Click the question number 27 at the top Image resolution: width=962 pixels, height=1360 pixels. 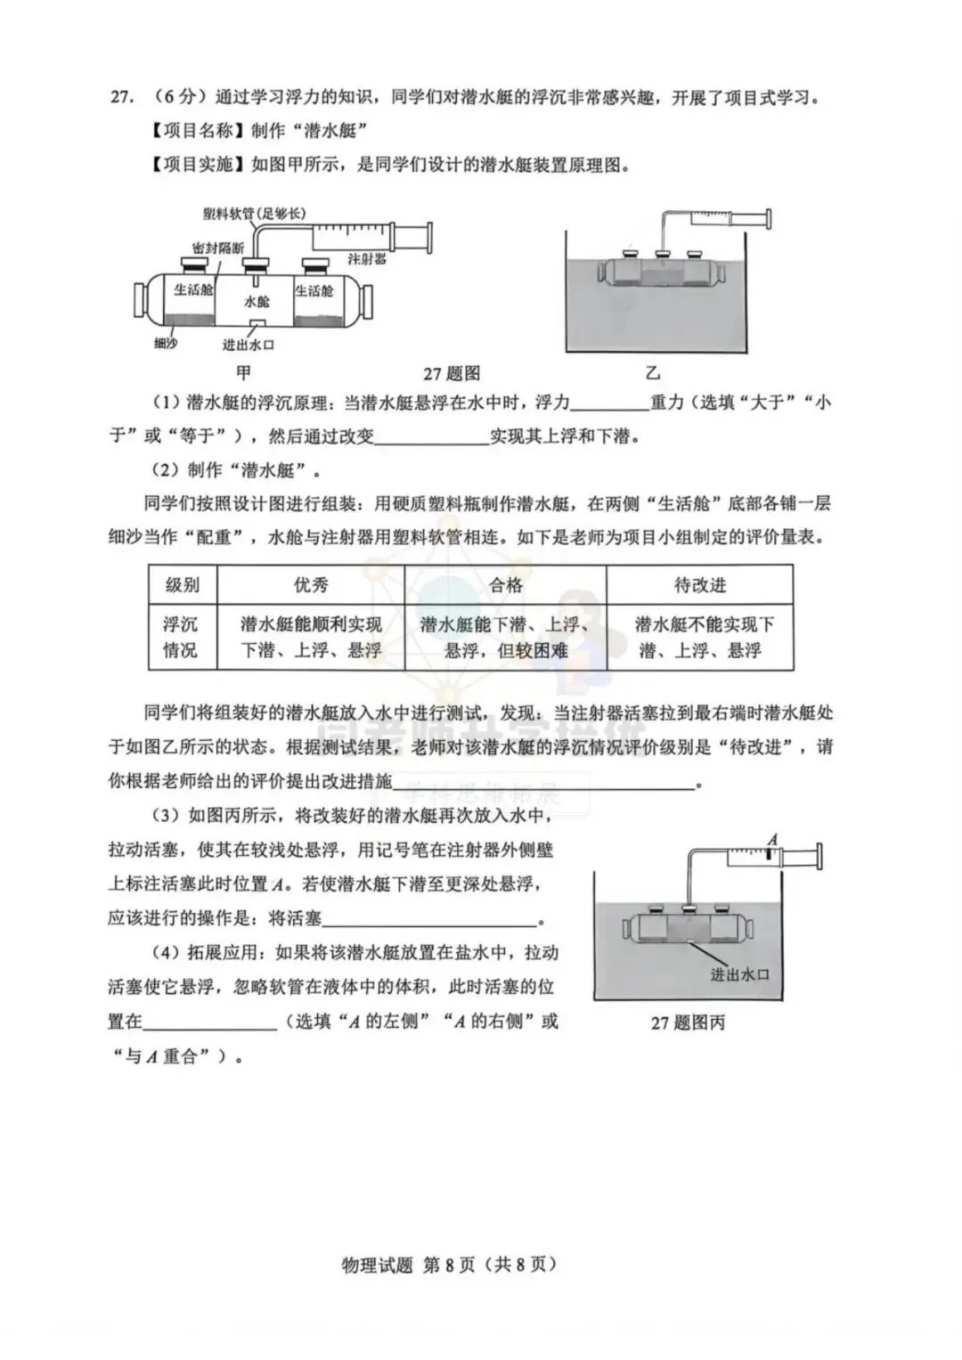tap(121, 98)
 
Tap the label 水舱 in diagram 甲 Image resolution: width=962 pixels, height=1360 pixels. tap(257, 302)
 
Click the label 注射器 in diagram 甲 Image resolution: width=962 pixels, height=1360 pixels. tap(366, 259)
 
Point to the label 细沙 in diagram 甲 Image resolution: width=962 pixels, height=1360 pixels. tap(165, 343)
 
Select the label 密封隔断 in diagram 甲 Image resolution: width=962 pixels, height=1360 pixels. tap(217, 248)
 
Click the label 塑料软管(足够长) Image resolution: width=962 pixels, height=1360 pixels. tap(254, 214)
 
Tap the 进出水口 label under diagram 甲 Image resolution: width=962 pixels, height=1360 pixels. tap(248, 345)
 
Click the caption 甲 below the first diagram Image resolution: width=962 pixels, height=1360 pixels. tap(243, 372)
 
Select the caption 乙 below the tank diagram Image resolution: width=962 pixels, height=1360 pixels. tap(653, 373)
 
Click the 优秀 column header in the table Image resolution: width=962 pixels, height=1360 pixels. tap(311, 585)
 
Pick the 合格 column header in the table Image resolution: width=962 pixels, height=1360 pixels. tap(505, 585)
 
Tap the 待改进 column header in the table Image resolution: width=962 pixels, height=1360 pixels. tap(699, 585)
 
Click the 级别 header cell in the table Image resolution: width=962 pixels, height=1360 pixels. tap(183, 585)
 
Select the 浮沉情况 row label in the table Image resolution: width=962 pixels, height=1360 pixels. tap(180, 637)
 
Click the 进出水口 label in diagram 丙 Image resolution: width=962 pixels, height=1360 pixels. tap(739, 974)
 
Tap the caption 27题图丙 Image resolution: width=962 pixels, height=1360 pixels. tap(688, 1023)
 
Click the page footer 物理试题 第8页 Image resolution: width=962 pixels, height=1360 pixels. tap(449, 1264)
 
